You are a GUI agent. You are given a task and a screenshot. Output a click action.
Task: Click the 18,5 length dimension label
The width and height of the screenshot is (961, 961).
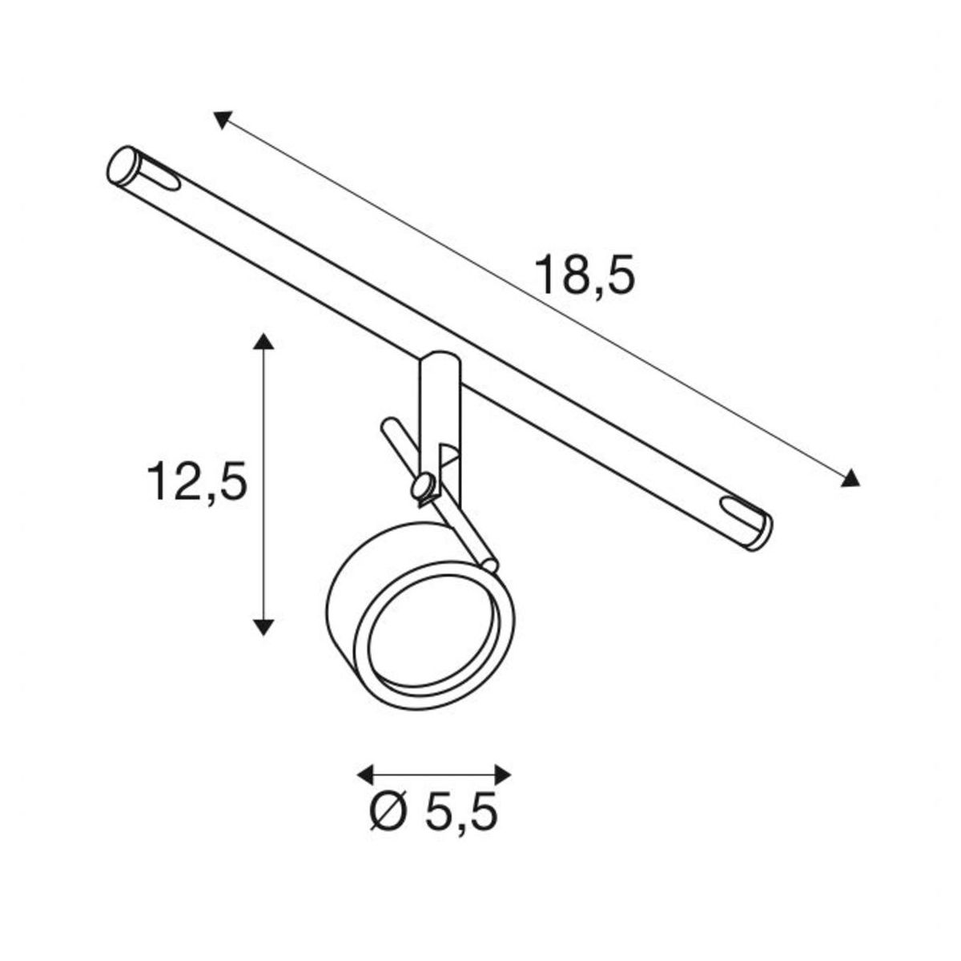point(585,275)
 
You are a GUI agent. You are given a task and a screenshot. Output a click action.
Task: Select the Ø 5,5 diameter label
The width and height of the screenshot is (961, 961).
point(434,810)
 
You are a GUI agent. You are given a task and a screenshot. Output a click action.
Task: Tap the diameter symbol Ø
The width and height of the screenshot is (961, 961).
point(388,810)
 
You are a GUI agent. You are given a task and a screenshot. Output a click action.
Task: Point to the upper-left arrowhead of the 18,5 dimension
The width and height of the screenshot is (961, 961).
point(223,120)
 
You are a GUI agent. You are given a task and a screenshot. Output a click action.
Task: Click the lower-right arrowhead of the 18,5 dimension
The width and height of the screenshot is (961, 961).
point(850,478)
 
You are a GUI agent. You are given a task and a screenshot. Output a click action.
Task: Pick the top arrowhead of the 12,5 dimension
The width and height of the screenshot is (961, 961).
point(263,342)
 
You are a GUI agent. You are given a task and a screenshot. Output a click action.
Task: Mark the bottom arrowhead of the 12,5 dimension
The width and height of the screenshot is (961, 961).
point(263,627)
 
